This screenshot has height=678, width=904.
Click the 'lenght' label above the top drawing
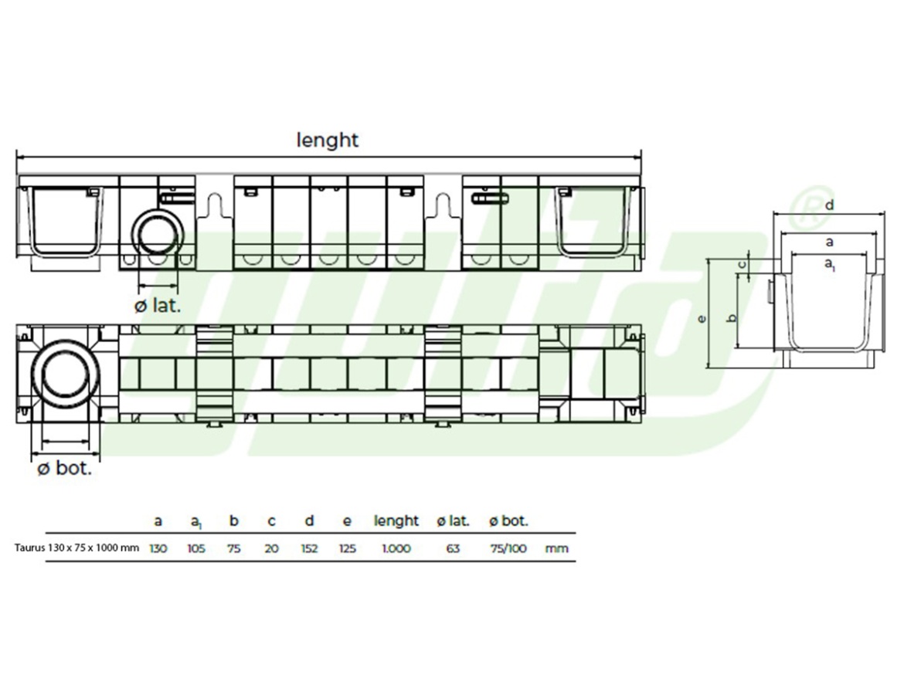328,140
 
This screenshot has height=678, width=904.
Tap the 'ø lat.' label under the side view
158,305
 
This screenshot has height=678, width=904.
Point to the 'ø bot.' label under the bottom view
65,468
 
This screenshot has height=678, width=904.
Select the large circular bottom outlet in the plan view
65,374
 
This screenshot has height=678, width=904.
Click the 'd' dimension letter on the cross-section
830,205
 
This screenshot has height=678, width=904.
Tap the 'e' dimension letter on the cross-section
702,319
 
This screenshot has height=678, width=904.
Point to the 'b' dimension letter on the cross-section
732,318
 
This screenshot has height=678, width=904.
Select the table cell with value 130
158,548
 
